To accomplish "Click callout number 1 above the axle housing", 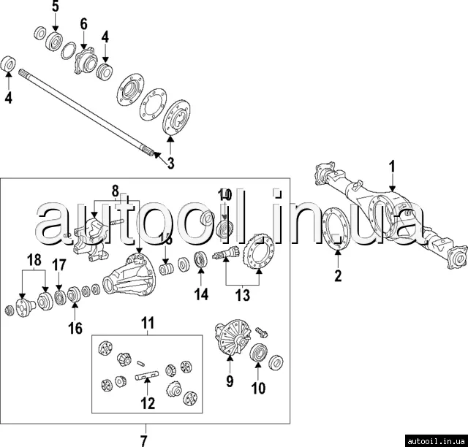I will (x=392, y=166).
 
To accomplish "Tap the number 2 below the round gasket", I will (x=338, y=275).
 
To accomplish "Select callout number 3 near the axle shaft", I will (x=170, y=164).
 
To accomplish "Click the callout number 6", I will (x=83, y=24).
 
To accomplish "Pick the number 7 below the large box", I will (x=144, y=440).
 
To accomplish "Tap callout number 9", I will (x=229, y=381).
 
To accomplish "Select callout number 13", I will (x=241, y=294).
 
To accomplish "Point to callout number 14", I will (x=201, y=294).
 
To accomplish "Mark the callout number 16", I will (x=75, y=328).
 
